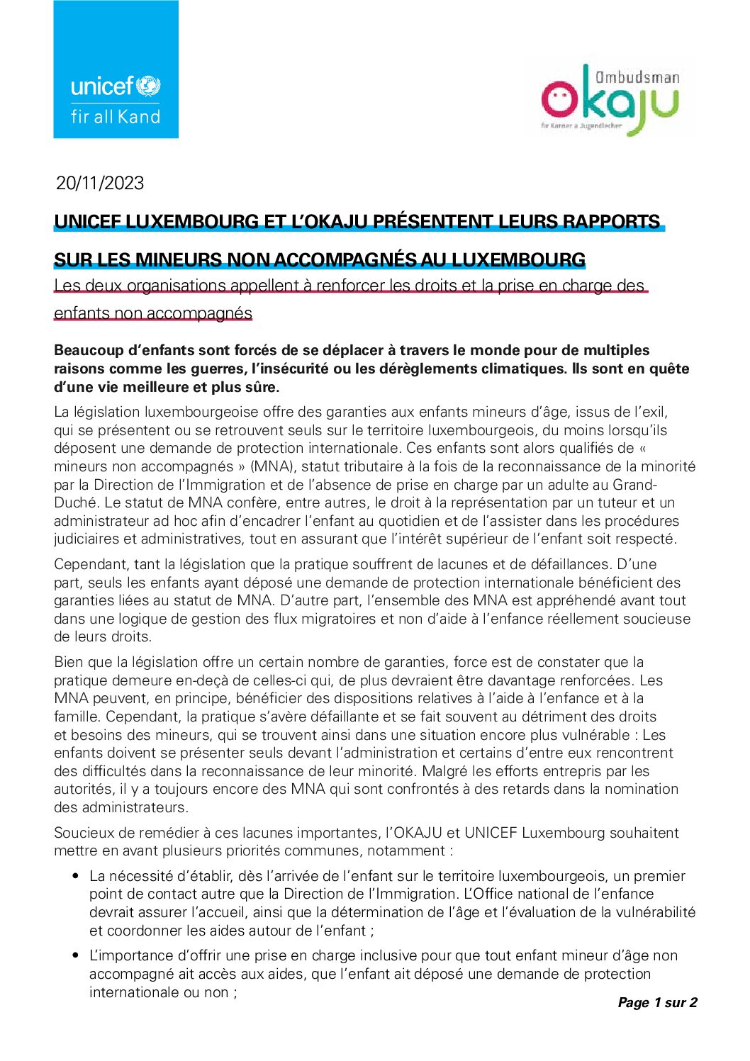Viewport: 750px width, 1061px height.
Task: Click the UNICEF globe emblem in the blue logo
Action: pyautogui.click(x=148, y=86)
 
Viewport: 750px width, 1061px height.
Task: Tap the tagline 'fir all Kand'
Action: pyautogui.click(x=116, y=117)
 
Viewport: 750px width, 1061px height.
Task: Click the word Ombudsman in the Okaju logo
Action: pyautogui.click(x=637, y=77)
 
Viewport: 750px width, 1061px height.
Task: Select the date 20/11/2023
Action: pyautogui.click(x=100, y=183)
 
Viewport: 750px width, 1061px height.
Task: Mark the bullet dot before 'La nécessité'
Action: pyautogui.click(x=75, y=877)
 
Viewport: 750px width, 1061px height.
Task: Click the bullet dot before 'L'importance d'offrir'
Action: pyautogui.click(x=75, y=955)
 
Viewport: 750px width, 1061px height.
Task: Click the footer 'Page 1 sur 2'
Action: pyautogui.click(x=657, y=1002)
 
